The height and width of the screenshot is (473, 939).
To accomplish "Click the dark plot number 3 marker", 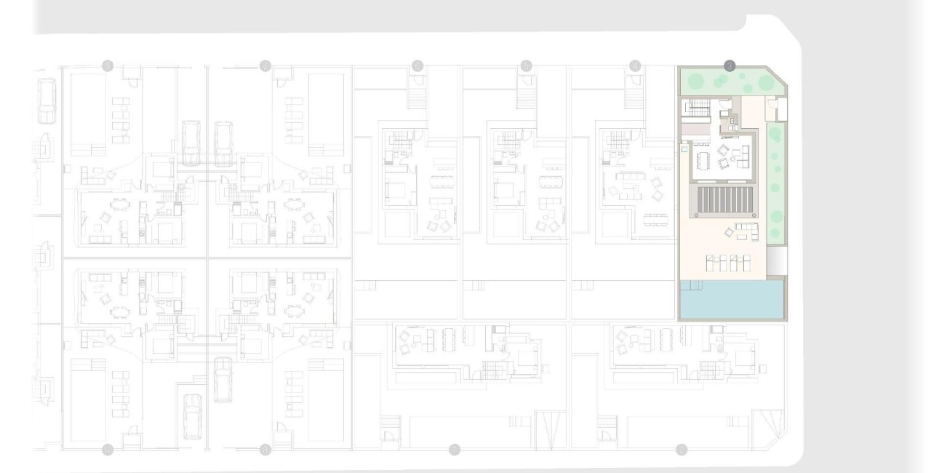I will pos(730,65).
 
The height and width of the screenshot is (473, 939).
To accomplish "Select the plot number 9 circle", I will pos(108,66).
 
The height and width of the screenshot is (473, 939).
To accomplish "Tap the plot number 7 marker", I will pos(265,66).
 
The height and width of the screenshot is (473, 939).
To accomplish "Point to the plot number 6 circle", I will pos(417,66).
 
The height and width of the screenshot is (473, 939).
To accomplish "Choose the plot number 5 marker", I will pos(527,66).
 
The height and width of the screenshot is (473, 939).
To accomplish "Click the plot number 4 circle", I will pos(636,66).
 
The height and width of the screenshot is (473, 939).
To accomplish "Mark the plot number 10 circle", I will pos(108,449).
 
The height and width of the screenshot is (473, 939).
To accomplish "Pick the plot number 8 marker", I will pos(265,449).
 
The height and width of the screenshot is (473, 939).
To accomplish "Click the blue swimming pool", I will pos(732,301).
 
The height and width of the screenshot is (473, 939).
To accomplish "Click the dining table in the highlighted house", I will pos(703,159).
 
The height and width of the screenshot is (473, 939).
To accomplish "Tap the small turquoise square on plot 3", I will pos(684,148).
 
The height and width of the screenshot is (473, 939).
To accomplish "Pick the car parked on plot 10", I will pos(191,416).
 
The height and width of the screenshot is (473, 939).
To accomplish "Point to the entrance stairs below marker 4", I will pos(635,96).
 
